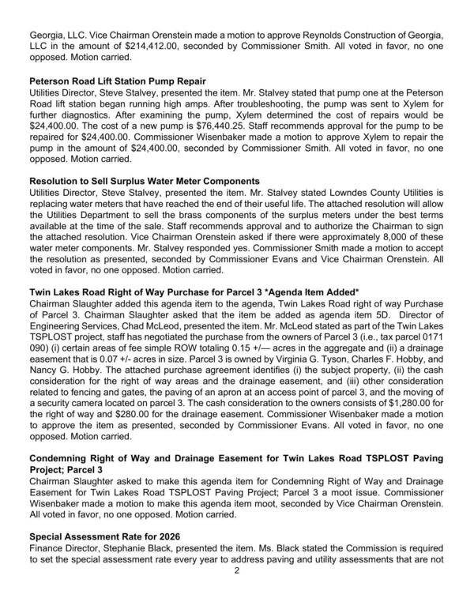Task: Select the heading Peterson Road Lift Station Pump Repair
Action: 117,81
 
